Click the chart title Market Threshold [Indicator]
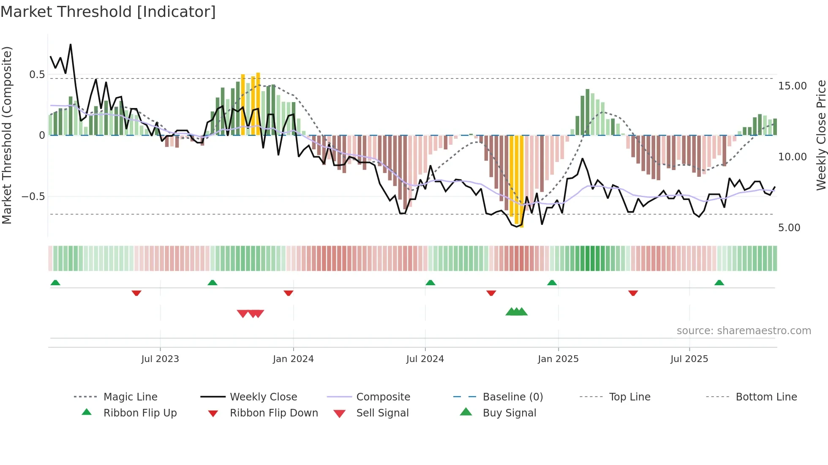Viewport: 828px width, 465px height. (x=108, y=12)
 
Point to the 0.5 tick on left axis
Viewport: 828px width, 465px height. (x=37, y=75)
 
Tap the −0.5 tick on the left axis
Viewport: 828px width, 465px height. (x=33, y=197)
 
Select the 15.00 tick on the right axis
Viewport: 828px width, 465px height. (x=792, y=86)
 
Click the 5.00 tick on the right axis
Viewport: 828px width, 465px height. (x=789, y=228)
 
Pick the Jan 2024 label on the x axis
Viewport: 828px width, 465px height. (x=293, y=359)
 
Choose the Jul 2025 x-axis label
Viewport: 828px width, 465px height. (x=689, y=359)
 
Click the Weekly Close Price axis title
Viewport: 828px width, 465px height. (x=821, y=135)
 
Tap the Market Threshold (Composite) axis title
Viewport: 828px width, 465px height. (x=7, y=135)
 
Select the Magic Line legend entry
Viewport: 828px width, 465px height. (x=130, y=397)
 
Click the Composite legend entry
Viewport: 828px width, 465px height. (x=383, y=397)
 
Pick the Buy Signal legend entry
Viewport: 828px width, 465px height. (x=509, y=413)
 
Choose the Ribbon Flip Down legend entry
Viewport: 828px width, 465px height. (x=274, y=413)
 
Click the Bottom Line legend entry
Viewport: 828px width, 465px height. (x=766, y=397)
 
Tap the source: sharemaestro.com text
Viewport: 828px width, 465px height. (x=744, y=331)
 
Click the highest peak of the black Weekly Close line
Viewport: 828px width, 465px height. (x=71, y=44)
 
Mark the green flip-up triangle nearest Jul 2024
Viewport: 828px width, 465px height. (x=430, y=283)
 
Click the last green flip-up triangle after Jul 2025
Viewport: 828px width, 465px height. (x=719, y=283)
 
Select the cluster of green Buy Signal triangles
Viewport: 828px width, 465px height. (x=516, y=312)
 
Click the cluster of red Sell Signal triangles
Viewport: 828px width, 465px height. (x=250, y=314)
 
